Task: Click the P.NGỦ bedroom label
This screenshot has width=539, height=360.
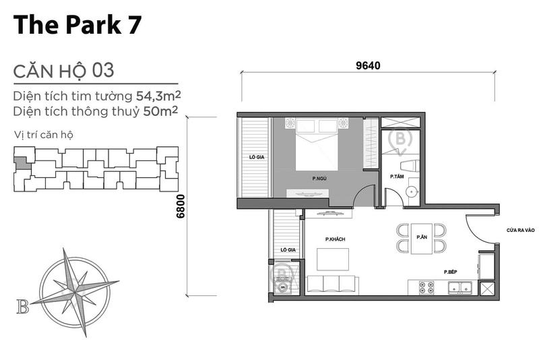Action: click(x=319, y=179)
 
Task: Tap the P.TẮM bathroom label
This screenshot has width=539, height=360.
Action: click(x=397, y=177)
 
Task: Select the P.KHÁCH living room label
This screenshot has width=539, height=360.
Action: click(x=335, y=239)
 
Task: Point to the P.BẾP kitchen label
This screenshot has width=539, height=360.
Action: click(x=450, y=272)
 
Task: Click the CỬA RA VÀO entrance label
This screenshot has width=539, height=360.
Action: click(x=520, y=230)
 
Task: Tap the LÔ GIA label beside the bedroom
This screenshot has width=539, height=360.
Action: click(x=257, y=157)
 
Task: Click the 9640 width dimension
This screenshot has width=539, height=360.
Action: click(x=368, y=65)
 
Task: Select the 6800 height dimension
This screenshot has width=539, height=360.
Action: click(x=181, y=206)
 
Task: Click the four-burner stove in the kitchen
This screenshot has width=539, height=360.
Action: click(x=426, y=288)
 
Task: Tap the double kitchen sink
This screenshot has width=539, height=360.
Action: click(x=460, y=287)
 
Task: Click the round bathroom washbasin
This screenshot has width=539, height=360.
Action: click(x=412, y=191)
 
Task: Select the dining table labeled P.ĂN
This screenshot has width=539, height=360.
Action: click(x=422, y=238)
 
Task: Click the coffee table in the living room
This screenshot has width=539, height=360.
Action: click(x=333, y=260)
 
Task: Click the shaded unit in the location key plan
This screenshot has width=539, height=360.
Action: click(x=22, y=163)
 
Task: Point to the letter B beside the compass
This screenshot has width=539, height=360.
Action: click(x=23, y=307)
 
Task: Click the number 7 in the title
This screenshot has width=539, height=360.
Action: click(x=135, y=25)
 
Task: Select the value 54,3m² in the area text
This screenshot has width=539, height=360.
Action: click(x=158, y=95)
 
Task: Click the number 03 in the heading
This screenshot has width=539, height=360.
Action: click(x=103, y=71)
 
